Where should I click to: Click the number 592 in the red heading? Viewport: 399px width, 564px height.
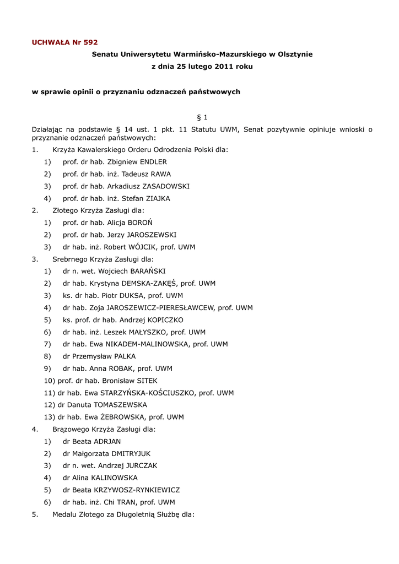pyautogui.click(x=90, y=42)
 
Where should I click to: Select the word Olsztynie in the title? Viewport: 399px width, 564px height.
pyautogui.click(x=293, y=54)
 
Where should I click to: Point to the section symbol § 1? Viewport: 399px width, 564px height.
pyautogui.click(x=202, y=117)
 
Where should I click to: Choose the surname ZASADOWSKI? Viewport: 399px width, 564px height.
pyautogui.click(x=166, y=186)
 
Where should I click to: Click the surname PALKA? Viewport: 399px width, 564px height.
pyautogui.click(x=125, y=356)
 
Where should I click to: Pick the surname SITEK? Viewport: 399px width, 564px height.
pyautogui.click(x=145, y=380)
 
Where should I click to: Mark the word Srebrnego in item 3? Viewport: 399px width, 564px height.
pyautogui.click(x=69, y=259)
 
